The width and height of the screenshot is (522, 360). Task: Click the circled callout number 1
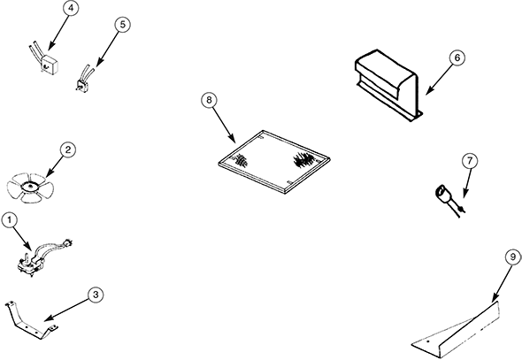coord(10,220)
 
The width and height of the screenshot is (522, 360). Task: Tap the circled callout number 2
coord(67,149)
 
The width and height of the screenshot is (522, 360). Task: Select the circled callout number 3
coord(96,295)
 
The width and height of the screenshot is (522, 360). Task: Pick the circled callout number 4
coord(71,9)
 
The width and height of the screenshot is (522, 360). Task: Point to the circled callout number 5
coord(122,25)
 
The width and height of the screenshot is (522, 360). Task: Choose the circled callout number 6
coord(457,57)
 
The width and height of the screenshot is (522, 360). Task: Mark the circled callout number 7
coord(470,161)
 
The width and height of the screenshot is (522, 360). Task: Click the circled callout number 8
coord(209,100)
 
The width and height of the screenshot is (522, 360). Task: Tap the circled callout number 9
coord(512,257)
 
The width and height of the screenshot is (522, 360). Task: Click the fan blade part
coord(30,187)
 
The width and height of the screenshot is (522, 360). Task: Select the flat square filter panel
coord(274,162)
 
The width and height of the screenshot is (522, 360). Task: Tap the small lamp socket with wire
coord(449,201)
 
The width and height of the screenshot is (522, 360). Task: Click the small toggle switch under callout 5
coord(83,80)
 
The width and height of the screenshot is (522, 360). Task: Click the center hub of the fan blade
coord(30,187)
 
